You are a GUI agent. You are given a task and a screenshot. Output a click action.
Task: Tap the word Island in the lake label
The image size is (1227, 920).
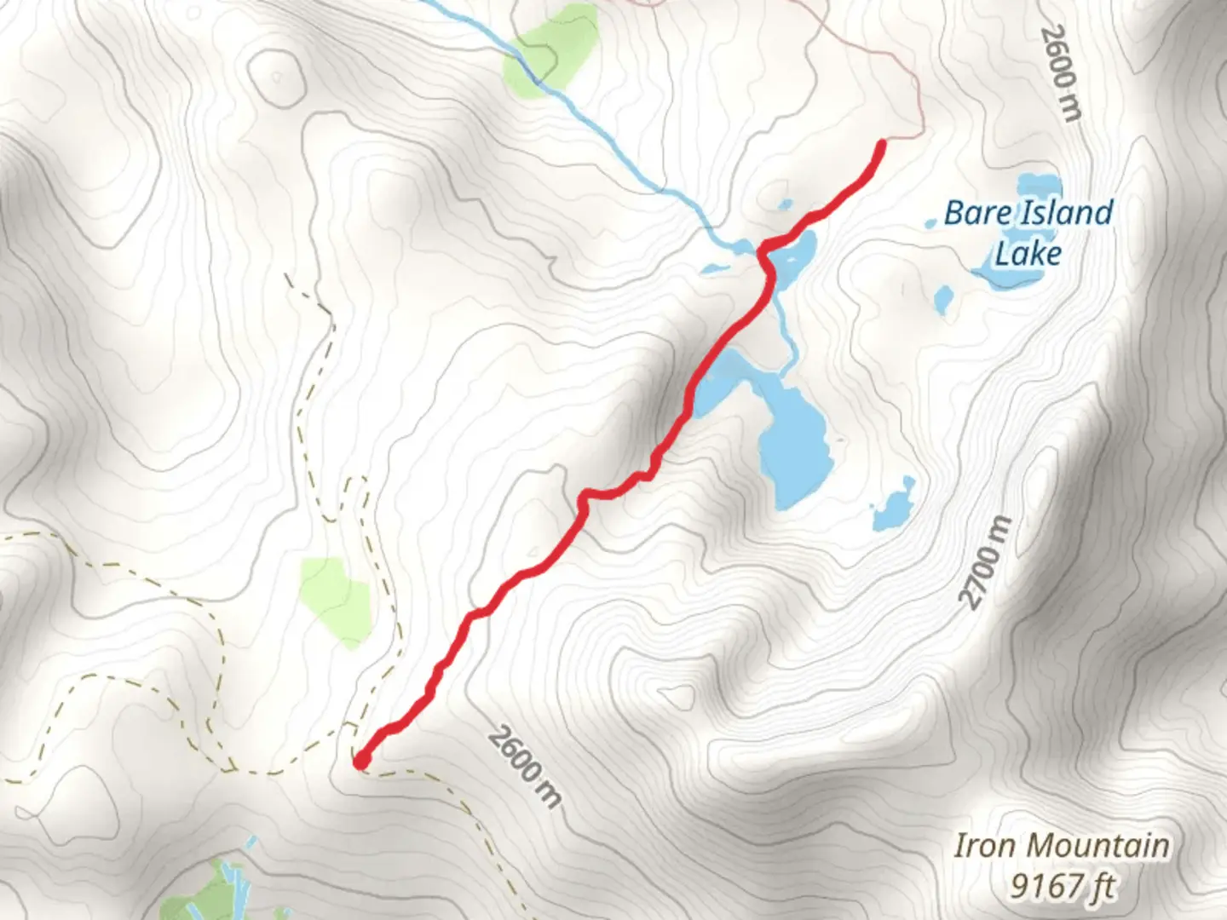(x=1064, y=213)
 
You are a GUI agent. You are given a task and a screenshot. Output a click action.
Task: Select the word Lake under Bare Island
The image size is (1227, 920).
(x=1028, y=254)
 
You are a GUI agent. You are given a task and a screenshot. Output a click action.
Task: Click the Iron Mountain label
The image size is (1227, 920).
(x=1061, y=846)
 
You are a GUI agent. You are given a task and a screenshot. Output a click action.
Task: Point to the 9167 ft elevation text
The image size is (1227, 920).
(x=1063, y=886)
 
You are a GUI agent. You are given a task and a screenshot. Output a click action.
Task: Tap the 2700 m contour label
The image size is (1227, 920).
(x=986, y=563)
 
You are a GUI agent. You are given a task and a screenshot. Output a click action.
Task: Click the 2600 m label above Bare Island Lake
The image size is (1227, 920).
(x=1062, y=73)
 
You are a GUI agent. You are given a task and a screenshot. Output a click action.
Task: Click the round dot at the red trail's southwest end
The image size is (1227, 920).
(x=361, y=760)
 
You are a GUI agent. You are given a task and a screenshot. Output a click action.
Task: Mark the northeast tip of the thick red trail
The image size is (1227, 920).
(x=880, y=146)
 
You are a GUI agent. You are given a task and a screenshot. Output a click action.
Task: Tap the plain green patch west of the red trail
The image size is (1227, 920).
(x=336, y=601)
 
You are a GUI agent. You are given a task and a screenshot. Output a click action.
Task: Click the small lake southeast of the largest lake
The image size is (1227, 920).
(x=893, y=506)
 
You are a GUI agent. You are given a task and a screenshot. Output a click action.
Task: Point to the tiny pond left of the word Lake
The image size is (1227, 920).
(x=943, y=299)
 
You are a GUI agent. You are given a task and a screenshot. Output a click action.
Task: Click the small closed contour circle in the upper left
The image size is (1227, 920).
(x=275, y=77)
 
